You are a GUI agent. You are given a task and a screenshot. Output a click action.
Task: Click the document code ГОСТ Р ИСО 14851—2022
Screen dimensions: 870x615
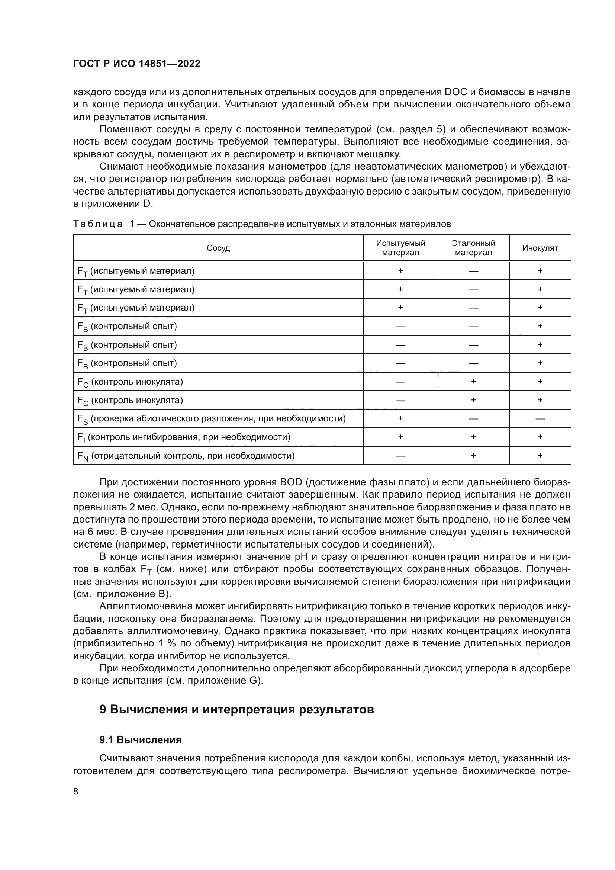pos(137,64)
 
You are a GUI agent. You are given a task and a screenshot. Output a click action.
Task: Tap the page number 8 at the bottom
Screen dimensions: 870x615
pos(76,791)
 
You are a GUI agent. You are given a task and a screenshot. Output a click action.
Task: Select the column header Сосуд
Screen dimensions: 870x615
pos(218,248)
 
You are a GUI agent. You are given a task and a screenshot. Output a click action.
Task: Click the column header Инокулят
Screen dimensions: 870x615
pos(540,248)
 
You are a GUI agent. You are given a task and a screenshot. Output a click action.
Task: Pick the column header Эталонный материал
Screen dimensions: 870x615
pos(473,248)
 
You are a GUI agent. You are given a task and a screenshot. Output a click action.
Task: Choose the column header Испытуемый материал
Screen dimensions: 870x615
pos(400,248)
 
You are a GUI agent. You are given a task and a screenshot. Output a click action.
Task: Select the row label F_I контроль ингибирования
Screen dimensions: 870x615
pos(184,437)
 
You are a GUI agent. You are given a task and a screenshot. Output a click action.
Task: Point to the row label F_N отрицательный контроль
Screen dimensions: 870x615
pos(186,456)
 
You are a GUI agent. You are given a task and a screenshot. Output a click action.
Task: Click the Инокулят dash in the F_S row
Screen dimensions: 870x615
pos(540,419)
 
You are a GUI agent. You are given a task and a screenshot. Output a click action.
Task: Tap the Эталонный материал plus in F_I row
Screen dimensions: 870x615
pos(473,437)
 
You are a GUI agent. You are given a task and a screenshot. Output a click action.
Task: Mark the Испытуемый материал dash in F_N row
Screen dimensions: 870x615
pos(400,456)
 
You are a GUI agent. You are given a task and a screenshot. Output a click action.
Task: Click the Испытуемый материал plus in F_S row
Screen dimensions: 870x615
pos(400,418)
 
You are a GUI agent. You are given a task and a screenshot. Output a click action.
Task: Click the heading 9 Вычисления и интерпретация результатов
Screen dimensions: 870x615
pos(237,709)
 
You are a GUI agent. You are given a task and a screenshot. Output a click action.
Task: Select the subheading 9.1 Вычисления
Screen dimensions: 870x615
pos(141,740)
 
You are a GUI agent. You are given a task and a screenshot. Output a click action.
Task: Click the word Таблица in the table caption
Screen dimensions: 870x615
pos(98,224)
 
